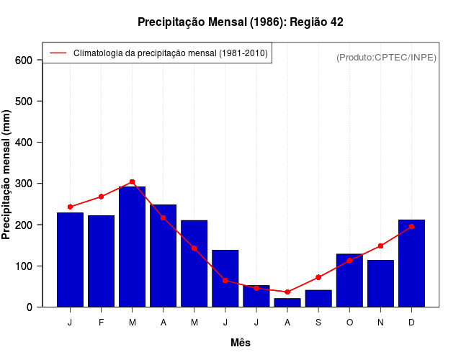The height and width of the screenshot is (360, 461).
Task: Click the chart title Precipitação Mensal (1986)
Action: pyautogui.click(x=240, y=22)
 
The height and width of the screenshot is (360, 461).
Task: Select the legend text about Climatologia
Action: pyautogui.click(x=170, y=53)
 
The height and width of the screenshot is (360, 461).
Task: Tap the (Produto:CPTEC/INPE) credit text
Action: pyautogui.click(x=386, y=57)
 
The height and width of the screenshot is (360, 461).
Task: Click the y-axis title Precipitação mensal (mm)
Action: pyautogui.click(x=7, y=174)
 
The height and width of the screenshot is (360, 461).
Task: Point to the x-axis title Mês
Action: pyautogui.click(x=241, y=343)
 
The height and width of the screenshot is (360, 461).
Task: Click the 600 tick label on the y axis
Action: pyautogui.click(x=24, y=60)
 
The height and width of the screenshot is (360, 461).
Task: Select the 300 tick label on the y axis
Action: pyautogui.click(x=24, y=184)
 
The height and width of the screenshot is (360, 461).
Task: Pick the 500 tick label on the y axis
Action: pyautogui.click(x=24, y=102)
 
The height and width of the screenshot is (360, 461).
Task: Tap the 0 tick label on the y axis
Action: pyautogui.click(x=30, y=307)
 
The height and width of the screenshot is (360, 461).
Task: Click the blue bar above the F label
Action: pyautogui.click(x=101, y=261)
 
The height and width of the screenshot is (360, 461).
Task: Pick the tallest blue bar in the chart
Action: pyautogui.click(x=132, y=246)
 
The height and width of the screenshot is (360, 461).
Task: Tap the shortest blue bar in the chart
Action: pyautogui.click(x=287, y=302)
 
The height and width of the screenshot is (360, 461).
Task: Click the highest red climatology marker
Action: pyautogui.click(x=132, y=182)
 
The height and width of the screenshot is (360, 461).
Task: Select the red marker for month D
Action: pyautogui.click(x=411, y=227)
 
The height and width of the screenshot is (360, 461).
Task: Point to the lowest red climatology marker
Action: pyautogui.click(x=287, y=292)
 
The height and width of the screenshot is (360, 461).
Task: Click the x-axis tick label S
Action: pyautogui.click(x=318, y=323)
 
